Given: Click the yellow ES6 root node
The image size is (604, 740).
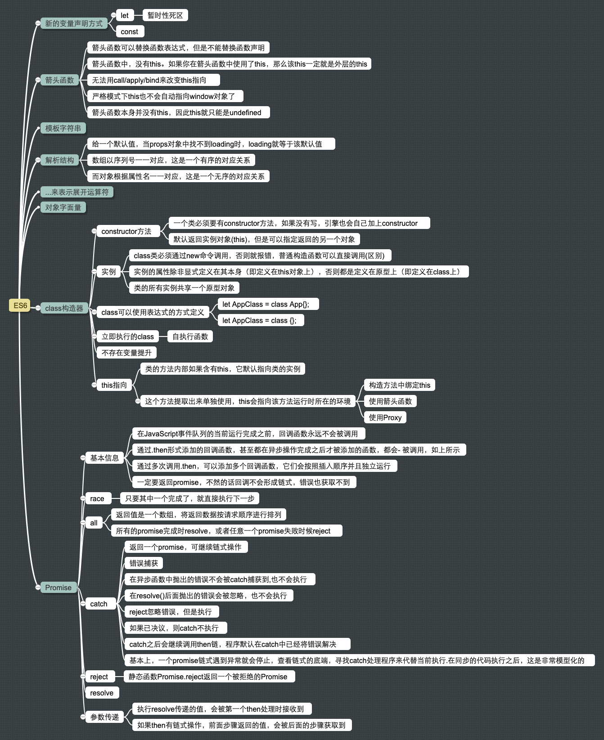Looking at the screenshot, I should pyautogui.click(x=20, y=305).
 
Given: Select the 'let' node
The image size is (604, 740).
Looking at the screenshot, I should pyautogui.click(x=125, y=16).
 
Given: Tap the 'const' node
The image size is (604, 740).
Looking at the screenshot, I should pyautogui.click(x=130, y=31).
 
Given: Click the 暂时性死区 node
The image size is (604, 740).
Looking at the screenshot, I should pyautogui.click(x=165, y=16).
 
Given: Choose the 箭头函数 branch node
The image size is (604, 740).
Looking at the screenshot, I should pyautogui.click(x=59, y=80).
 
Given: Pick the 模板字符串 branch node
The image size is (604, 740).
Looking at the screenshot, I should pyautogui.click(x=63, y=128).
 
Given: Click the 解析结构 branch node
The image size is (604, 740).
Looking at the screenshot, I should pyautogui.click(x=59, y=160).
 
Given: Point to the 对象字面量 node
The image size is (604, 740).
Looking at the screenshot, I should pyautogui.click(x=63, y=207).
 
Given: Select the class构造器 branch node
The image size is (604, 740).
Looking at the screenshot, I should pyautogui.click(x=64, y=308).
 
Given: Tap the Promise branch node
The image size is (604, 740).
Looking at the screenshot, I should pyautogui.click(x=58, y=588).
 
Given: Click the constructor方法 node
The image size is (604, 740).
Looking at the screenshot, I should pyautogui.click(x=126, y=231).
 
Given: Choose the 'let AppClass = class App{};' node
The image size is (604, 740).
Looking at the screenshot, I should pyautogui.click(x=266, y=304).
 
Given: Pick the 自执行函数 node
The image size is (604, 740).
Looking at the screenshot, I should pyautogui.click(x=190, y=336).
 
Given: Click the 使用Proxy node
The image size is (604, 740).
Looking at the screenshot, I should pyautogui.click(x=385, y=417).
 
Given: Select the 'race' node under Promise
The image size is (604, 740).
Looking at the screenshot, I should pyautogui.click(x=97, y=498).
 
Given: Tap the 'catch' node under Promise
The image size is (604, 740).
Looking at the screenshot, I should pyautogui.click(x=99, y=604).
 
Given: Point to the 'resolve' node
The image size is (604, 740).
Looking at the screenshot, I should pyautogui.click(x=102, y=693).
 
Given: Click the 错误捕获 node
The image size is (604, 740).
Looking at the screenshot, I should pyautogui.click(x=144, y=563).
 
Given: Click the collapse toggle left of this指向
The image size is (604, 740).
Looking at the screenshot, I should pyautogui.click(x=94, y=385).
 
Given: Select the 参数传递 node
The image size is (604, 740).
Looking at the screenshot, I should pyautogui.click(x=104, y=717).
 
